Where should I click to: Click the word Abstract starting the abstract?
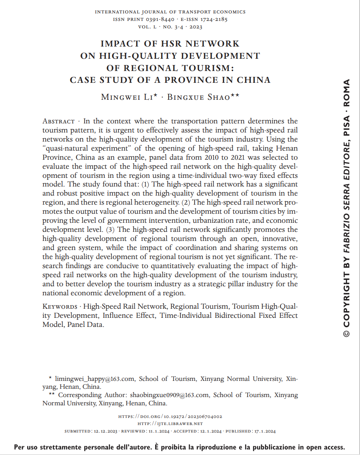[x=58, y=121]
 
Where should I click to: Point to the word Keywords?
[x=60, y=306]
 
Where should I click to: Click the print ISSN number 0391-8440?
[x=163, y=19]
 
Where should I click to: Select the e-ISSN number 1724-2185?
[x=214, y=19]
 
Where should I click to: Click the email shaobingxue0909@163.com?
[x=169, y=395]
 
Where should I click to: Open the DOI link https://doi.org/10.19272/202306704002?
[x=170, y=416]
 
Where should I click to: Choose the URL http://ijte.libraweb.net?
[x=170, y=424]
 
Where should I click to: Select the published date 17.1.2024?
[x=264, y=431]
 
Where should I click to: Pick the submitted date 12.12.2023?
[x=104, y=431]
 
